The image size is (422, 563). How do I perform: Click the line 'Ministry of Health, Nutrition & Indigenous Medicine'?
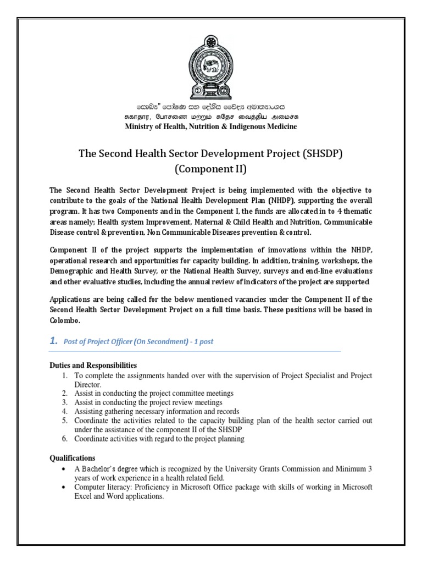pos(211,127)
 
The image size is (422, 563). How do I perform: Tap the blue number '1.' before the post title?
pos(53,341)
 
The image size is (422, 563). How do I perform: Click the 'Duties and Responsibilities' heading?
pos(93,366)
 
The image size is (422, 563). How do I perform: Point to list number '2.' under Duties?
pos(64,394)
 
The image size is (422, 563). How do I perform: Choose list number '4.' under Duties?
pos(64,411)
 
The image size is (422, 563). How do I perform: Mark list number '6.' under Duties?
pos(64,438)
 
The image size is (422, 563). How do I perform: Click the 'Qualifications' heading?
pos(72,458)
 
